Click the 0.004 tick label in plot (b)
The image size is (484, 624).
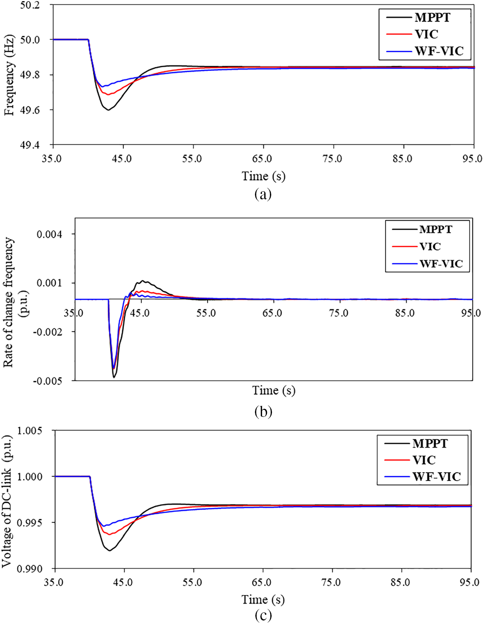tap(49, 235)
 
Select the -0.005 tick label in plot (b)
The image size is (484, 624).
tap(48, 381)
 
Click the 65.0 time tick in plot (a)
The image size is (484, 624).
tap(262, 159)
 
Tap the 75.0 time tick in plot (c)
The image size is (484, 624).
tap(331, 583)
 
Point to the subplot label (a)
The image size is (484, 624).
tap(263, 194)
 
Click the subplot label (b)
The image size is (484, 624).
tap(263, 411)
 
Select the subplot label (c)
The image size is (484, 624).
tap(263, 615)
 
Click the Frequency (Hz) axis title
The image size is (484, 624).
tap(9, 75)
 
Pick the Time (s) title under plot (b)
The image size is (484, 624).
tap(274, 390)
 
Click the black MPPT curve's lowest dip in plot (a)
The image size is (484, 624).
tap(108, 110)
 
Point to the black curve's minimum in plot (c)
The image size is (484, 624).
tap(109, 550)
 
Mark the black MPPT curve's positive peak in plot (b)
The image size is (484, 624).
tap(143, 281)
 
